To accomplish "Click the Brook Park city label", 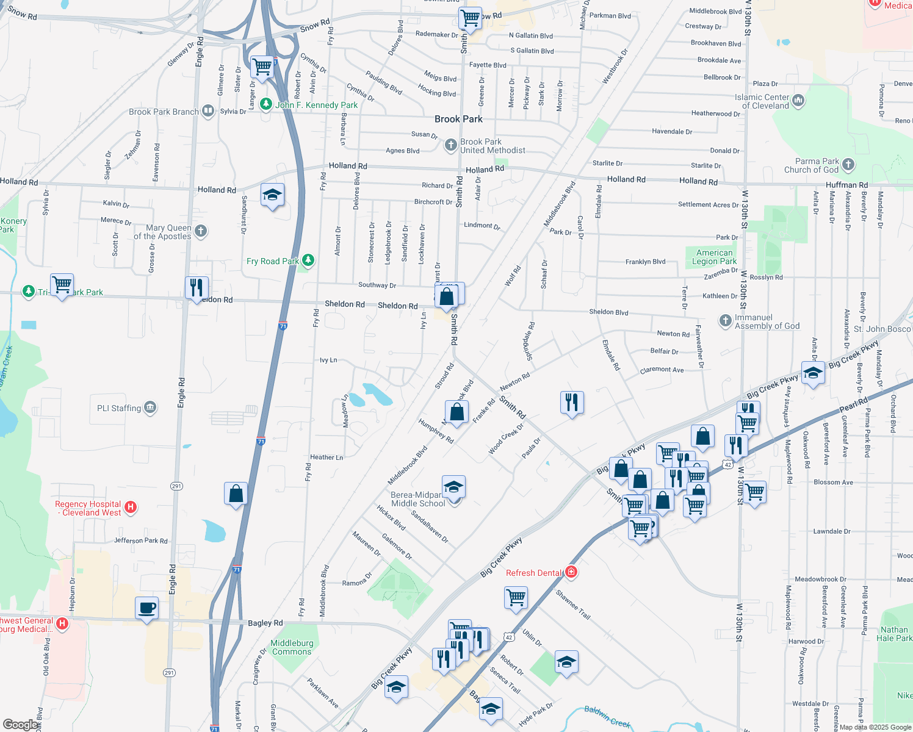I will [x=458, y=119].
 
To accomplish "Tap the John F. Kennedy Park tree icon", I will [x=265, y=104].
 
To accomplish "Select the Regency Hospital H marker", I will [x=130, y=507].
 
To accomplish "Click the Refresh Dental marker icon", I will [x=571, y=572].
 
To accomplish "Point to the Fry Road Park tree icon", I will [x=308, y=260].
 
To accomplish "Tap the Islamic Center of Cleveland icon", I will [x=798, y=100].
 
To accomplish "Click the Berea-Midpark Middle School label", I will [x=418, y=499].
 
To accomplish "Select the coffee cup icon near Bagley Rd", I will [x=146, y=608].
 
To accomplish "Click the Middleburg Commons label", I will [x=292, y=647].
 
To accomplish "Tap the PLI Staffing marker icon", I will [x=150, y=407].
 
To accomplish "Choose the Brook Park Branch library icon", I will [x=208, y=111].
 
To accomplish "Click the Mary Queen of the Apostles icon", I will [x=201, y=231].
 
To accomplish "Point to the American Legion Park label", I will [x=714, y=257].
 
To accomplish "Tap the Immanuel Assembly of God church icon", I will [x=725, y=321].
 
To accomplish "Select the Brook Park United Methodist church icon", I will [x=450, y=145].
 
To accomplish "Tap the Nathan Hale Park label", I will [x=894, y=634].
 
